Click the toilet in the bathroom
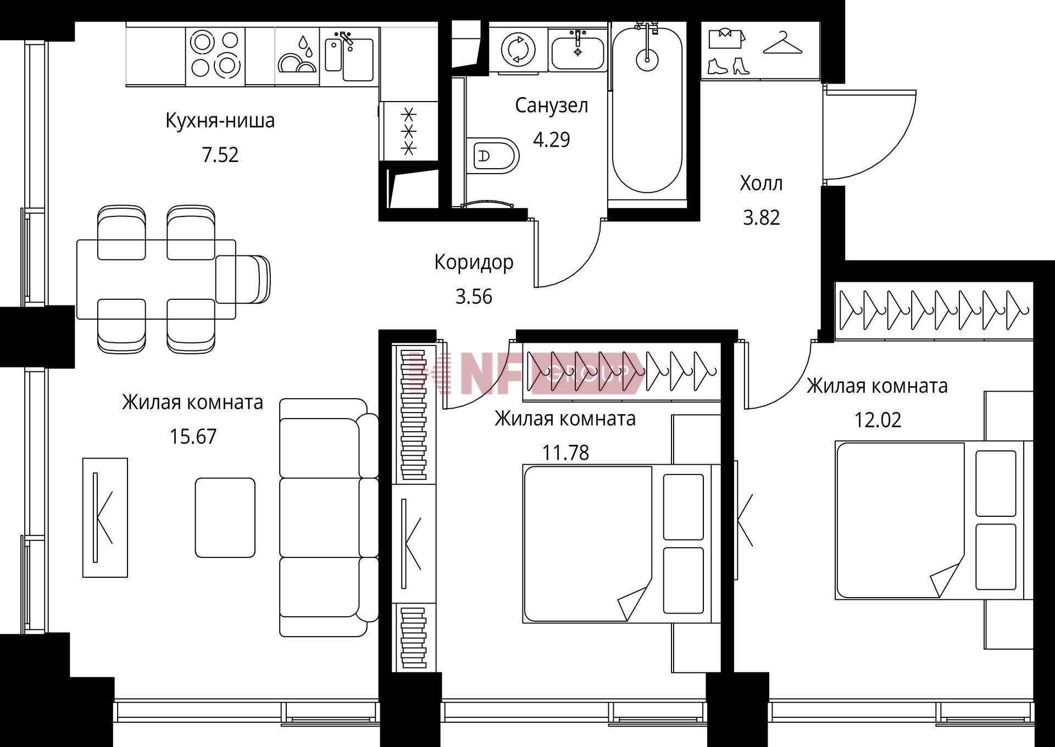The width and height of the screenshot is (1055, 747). tap(493, 156)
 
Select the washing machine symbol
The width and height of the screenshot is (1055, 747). tap(518, 49)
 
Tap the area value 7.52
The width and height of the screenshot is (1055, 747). tap(220, 155)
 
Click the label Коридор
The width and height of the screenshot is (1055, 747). tap(474, 263)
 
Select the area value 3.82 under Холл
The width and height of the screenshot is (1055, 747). tap(761, 218)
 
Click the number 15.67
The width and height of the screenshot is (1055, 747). tap(193, 437)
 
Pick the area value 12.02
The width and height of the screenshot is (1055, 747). tap(878, 420)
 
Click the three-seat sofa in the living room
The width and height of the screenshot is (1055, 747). tap(329, 517)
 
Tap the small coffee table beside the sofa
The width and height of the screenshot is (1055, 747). tap(225, 517)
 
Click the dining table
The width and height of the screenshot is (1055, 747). tap(156, 279)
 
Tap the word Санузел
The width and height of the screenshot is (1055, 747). tap(551, 105)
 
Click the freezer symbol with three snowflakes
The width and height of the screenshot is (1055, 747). tap(409, 131)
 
